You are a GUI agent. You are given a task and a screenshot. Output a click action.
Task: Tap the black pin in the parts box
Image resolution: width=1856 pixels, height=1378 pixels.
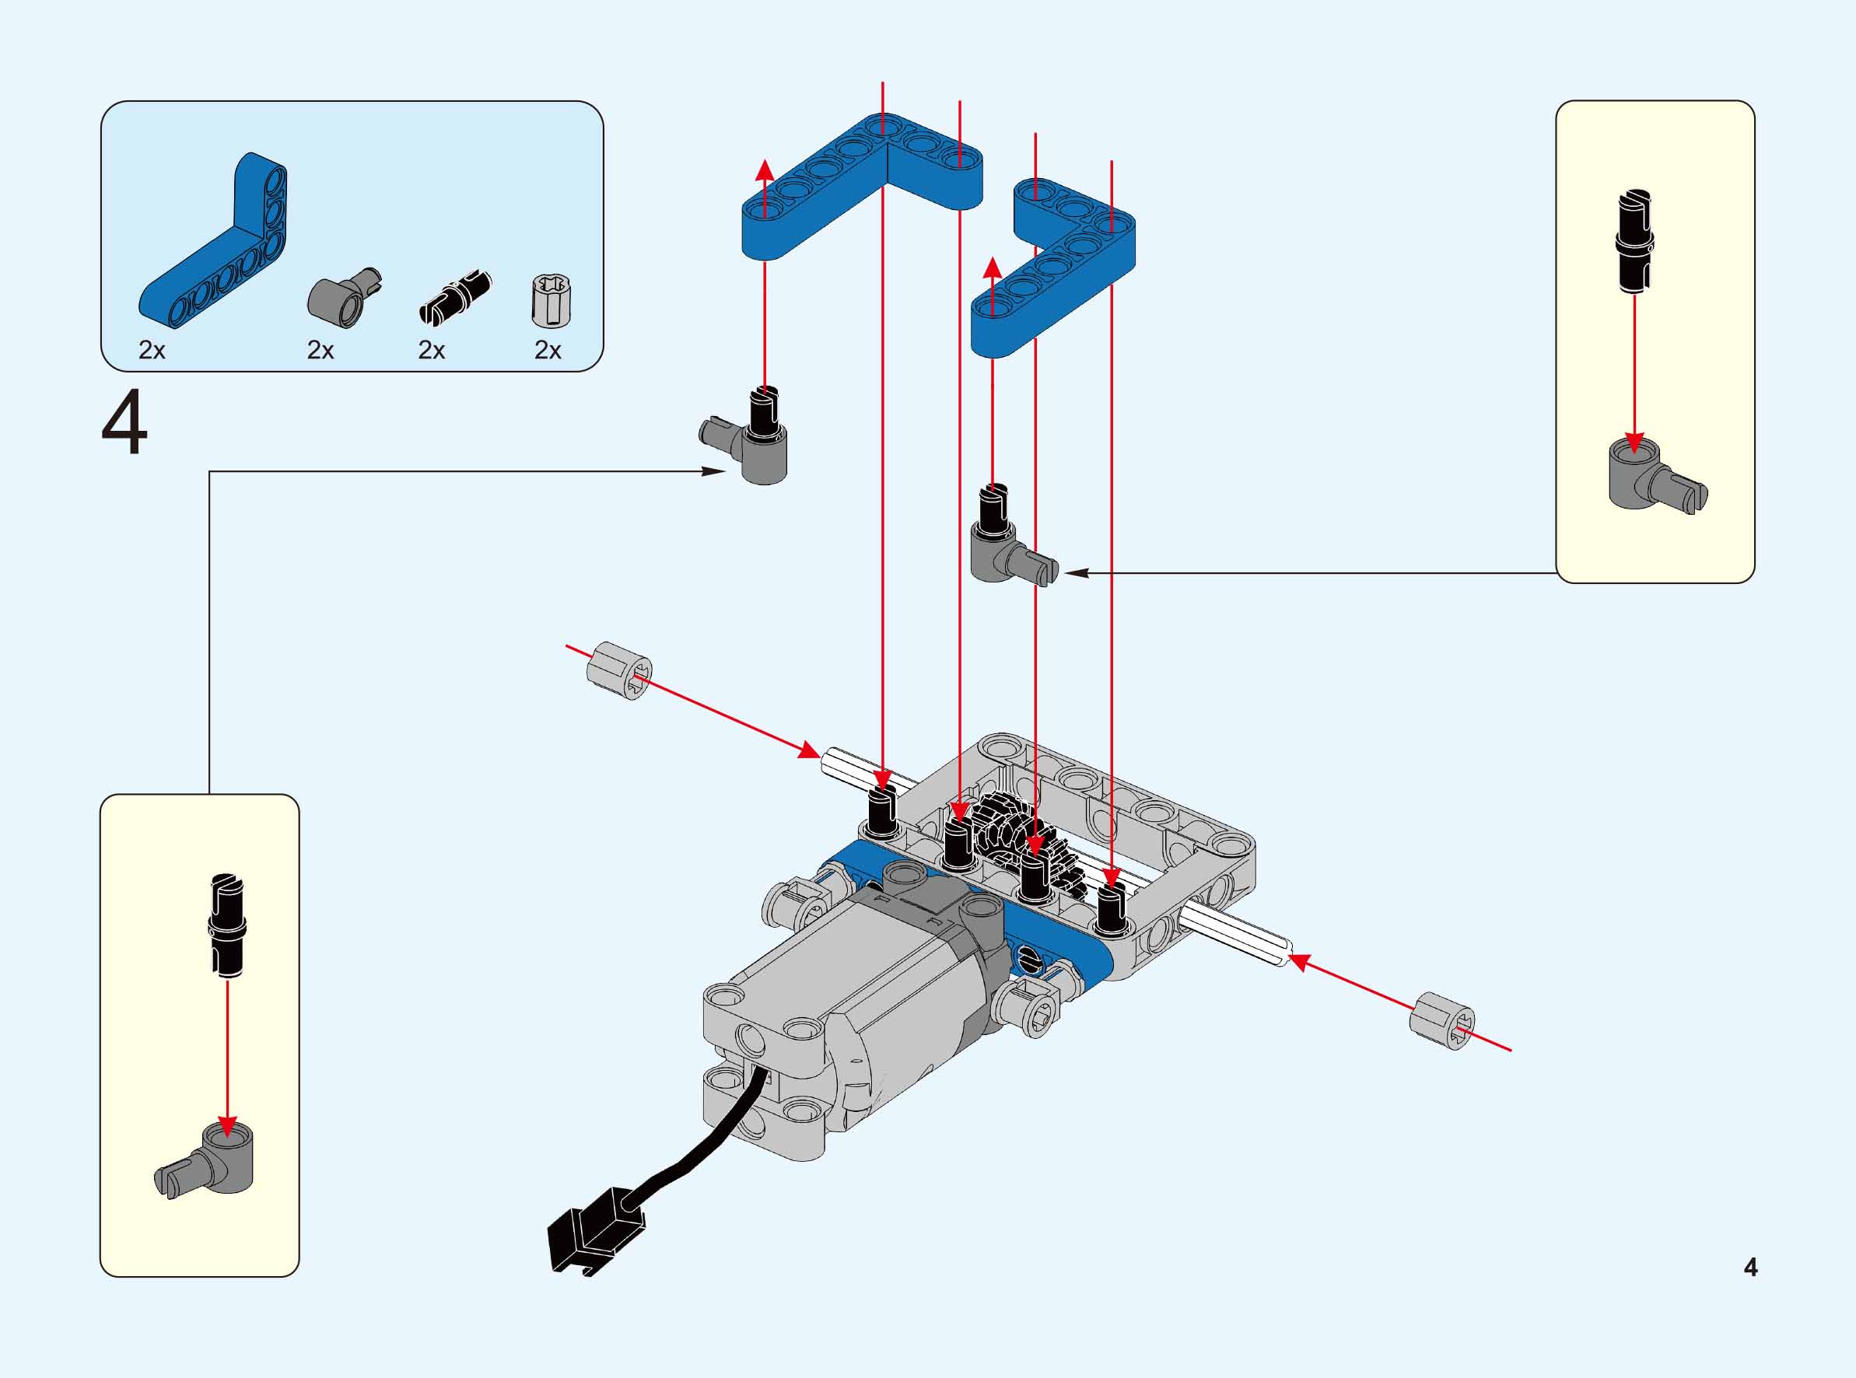pyautogui.click(x=453, y=297)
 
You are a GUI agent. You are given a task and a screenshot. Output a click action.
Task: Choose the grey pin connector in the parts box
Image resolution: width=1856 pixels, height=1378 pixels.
pyautogui.click(x=344, y=297)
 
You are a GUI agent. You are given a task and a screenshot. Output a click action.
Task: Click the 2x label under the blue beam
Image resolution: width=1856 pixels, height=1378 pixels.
pyautogui.click(x=152, y=351)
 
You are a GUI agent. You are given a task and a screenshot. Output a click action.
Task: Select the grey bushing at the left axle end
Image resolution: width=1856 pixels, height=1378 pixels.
pyautogui.click(x=619, y=670)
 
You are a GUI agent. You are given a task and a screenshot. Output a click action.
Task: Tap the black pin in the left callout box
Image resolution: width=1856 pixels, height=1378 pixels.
pyautogui.click(x=228, y=923)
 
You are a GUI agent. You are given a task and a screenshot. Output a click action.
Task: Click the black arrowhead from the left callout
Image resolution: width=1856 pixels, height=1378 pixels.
pyautogui.click(x=714, y=471)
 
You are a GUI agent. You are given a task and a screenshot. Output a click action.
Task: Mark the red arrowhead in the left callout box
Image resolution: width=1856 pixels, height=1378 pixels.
pyautogui.click(x=227, y=1126)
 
